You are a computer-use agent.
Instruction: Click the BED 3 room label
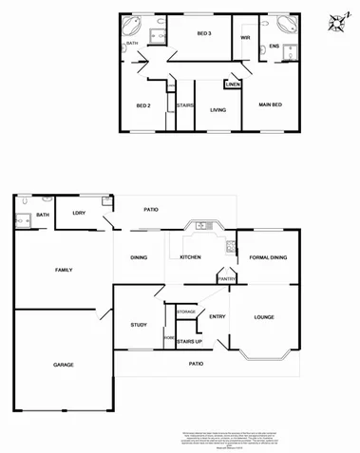pos(203,34)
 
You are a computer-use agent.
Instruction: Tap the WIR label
pos(244,38)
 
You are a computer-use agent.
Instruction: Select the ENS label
pos(275,46)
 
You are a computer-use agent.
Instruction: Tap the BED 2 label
pos(143,104)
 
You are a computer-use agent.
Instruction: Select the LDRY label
pos(79,213)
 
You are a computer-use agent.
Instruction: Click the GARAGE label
pos(63,364)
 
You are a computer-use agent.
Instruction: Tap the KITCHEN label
pos(190,257)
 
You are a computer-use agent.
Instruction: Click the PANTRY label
pos(227,278)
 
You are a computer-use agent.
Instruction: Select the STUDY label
pos(139,326)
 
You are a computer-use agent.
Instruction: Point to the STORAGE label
pos(185,311)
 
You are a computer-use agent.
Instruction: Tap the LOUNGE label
pos(264,317)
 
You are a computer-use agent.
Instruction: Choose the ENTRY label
pos(217,317)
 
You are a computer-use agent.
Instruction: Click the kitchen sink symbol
pos(202,227)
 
